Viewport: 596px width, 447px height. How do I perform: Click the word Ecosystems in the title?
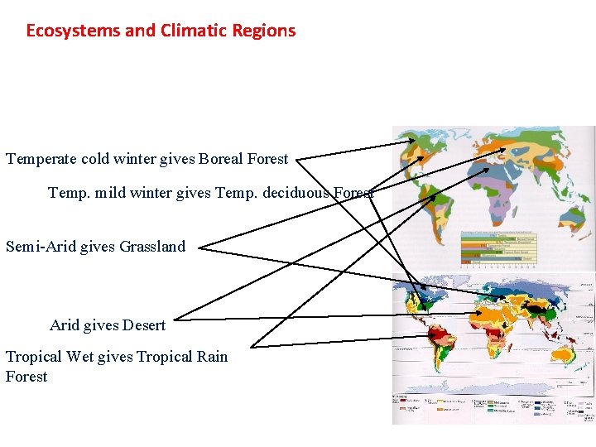[73, 31]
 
